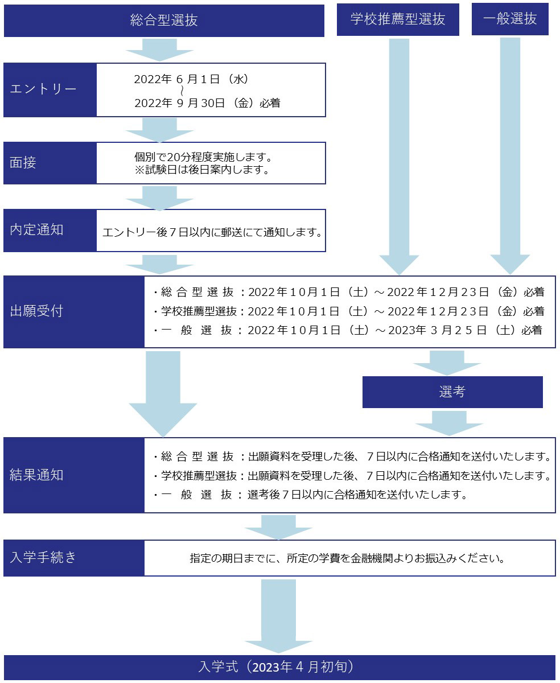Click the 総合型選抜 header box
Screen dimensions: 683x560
pos(164,20)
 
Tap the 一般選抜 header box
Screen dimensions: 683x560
pos(510,19)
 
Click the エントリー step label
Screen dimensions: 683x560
pos(50,90)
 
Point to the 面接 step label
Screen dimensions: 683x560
pos(50,163)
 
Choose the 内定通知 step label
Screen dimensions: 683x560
pos(50,230)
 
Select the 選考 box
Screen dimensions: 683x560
pos(452,392)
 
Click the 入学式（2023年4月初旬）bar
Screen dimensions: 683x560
pos(279,667)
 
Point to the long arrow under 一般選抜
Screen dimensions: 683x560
pos(510,154)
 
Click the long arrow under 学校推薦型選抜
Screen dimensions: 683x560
pos(398,154)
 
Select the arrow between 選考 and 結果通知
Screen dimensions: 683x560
pos(450,422)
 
